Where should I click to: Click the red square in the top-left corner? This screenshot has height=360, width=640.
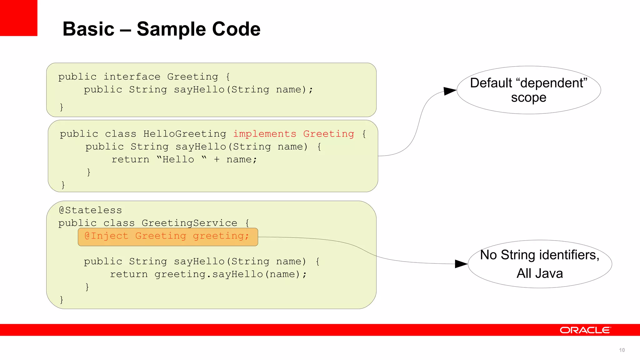[x=18, y=18]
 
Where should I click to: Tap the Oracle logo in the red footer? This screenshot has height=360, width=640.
[x=585, y=330]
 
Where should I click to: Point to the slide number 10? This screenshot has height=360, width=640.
[x=622, y=350]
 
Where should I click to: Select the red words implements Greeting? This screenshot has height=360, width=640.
[x=293, y=134]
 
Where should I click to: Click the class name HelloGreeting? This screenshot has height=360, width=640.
[x=184, y=134]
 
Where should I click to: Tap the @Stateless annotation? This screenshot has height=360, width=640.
[x=90, y=210]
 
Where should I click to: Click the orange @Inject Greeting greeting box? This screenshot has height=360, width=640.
[x=168, y=237]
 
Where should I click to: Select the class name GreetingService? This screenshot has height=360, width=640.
[x=189, y=223]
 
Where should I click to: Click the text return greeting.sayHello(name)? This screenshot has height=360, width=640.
[x=208, y=274]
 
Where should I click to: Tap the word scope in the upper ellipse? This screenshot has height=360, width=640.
[x=528, y=98]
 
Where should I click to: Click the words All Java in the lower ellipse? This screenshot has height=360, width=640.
[x=540, y=273]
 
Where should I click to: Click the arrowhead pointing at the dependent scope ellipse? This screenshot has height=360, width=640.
[x=450, y=91]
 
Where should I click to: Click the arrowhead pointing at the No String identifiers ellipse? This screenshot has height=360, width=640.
[x=461, y=264]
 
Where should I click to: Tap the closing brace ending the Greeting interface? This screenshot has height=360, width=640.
[x=62, y=107]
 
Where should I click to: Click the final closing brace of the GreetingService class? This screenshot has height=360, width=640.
[x=62, y=300]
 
